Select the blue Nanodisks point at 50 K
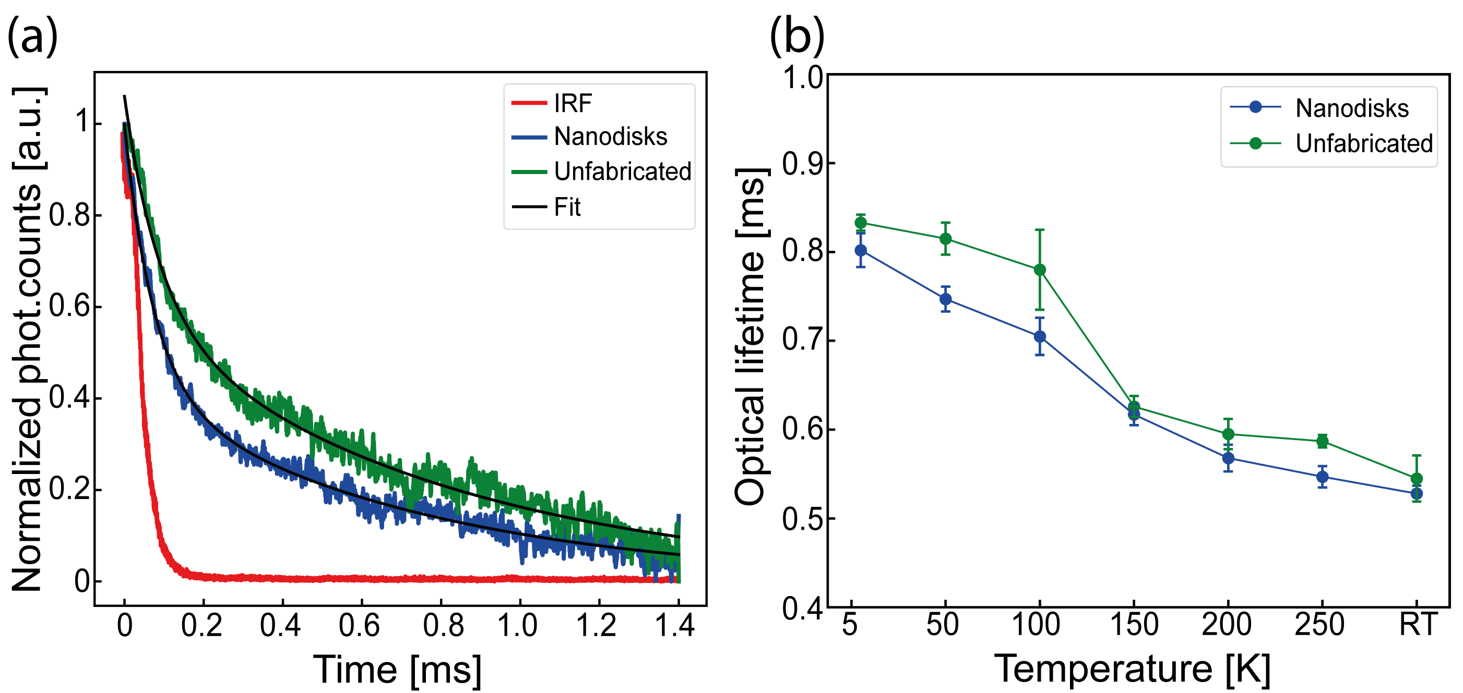pyautogui.click(x=946, y=299)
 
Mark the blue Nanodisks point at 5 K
pyautogui.click(x=861, y=250)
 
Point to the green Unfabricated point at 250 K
pyautogui.click(x=1323, y=441)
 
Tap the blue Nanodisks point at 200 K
pyautogui.click(x=1229, y=458)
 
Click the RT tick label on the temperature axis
pyautogui.click(x=1418, y=625)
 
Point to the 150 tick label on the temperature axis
pyautogui.click(x=1134, y=625)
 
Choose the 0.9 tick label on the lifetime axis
pyautogui.click(x=801, y=164)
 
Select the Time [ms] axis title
pyautogui.click(x=398, y=670)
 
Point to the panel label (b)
pyautogui.click(x=796, y=35)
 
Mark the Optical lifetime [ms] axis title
pyautogui.click(x=751, y=336)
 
